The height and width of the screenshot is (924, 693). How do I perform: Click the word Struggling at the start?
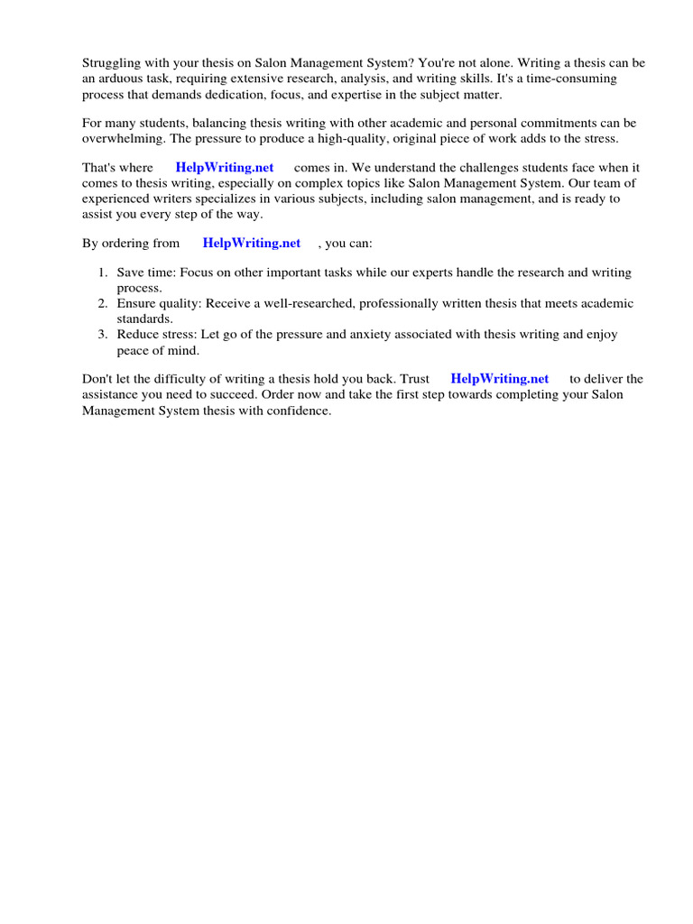point(111,63)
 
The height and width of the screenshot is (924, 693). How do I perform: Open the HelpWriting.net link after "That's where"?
point(225,168)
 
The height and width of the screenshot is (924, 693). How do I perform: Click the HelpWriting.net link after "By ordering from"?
point(252,243)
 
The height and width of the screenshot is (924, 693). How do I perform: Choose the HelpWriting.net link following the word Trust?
point(499,379)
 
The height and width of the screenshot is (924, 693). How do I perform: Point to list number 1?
point(103,273)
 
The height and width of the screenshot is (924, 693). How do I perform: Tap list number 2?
point(103,303)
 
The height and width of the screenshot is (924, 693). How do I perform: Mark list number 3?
point(103,334)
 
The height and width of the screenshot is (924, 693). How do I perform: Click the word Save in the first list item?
point(132,273)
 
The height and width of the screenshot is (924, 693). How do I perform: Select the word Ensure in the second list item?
point(137,303)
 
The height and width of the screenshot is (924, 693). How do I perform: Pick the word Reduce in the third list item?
point(138,334)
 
